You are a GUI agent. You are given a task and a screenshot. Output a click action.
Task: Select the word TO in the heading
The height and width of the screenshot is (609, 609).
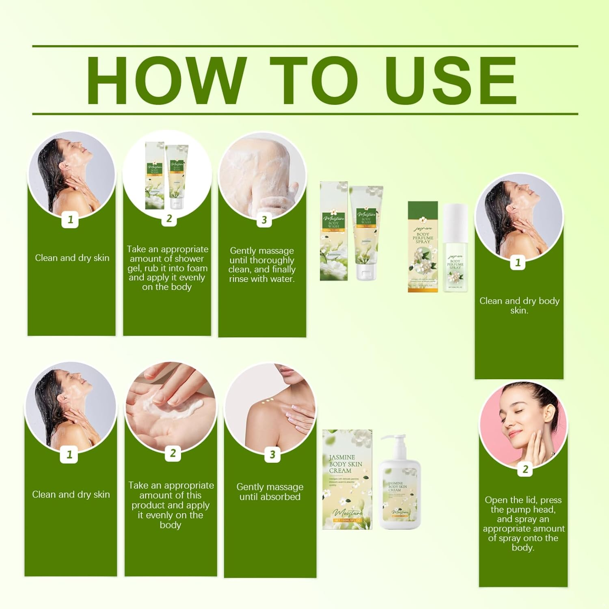click(x=313, y=80)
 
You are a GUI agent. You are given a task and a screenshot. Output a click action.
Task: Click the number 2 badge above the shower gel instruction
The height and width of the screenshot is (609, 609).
click(x=169, y=219)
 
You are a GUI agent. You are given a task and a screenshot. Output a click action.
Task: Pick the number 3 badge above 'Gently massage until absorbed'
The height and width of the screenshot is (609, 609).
click(x=272, y=455)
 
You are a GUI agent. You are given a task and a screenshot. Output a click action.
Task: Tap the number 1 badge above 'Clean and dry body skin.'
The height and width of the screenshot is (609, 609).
click(x=518, y=263)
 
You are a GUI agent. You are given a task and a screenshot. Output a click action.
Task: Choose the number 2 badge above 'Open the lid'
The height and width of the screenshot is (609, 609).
click(x=525, y=469)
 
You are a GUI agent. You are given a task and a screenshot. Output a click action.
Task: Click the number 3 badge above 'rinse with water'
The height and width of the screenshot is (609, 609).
click(x=264, y=220)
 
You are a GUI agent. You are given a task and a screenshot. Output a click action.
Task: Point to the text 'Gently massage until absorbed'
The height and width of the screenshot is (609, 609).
click(x=270, y=492)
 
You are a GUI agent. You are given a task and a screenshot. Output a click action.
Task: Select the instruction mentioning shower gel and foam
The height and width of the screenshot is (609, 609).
click(x=167, y=268)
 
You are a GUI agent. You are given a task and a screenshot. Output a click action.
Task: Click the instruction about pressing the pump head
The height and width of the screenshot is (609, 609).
click(x=523, y=523)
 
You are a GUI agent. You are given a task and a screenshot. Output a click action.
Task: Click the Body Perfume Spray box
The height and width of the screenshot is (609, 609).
click(x=423, y=247)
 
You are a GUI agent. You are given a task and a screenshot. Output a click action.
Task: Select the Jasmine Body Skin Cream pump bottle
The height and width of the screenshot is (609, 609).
click(x=400, y=487)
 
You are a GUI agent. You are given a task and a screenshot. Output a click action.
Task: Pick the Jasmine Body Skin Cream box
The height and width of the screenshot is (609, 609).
click(x=347, y=479)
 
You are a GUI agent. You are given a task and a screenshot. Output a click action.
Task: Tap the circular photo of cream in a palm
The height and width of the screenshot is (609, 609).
click(x=171, y=404)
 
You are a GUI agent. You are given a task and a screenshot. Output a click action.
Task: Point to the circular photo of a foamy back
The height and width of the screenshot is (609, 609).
click(x=262, y=175)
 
